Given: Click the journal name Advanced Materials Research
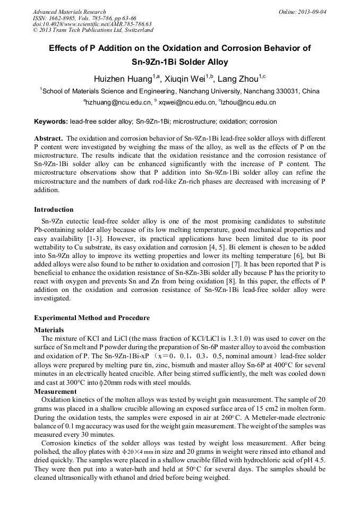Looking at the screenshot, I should pyautogui.click(x=70, y=12).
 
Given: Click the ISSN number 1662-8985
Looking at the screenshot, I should pyautogui.click(x=65, y=18).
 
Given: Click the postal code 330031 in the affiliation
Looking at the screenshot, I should pyautogui.click(x=288, y=91).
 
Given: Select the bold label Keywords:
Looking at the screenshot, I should pyautogui.click(x=51, y=122).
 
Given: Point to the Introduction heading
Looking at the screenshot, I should pyautogui.click(x=54, y=210).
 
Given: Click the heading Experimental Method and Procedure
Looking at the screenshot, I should pyautogui.click(x=92, y=318).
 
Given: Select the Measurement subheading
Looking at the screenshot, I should pyautogui.click(x=55, y=392).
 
